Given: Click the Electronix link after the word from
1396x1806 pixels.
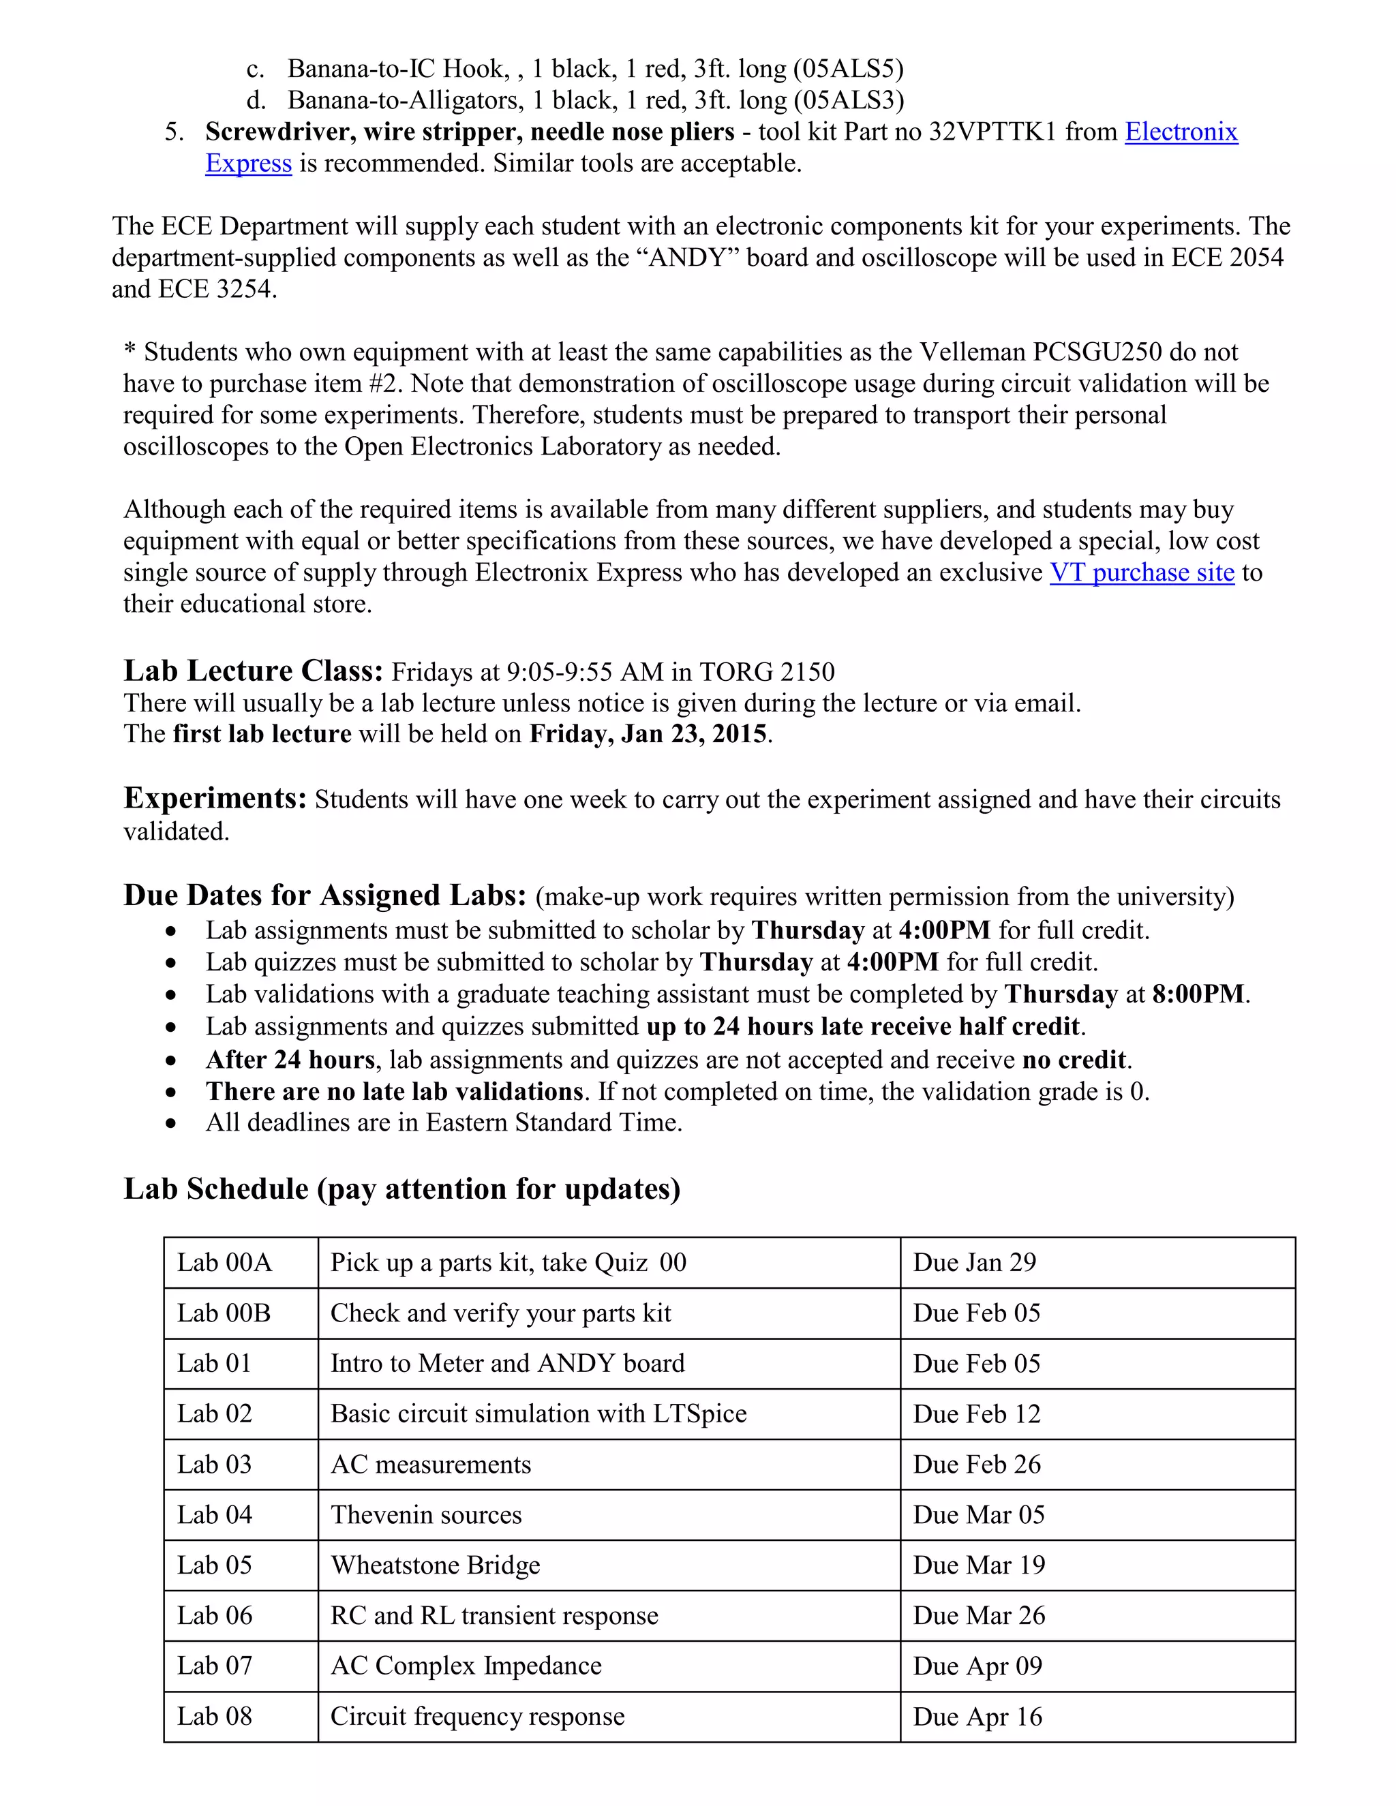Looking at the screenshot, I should [x=1181, y=132].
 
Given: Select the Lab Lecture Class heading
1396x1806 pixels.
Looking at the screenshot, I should [x=253, y=671].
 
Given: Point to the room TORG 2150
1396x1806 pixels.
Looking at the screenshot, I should [x=767, y=671].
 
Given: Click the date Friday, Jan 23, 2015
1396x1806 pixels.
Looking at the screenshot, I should [x=648, y=734].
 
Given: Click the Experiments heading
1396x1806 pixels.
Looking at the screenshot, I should [x=215, y=799].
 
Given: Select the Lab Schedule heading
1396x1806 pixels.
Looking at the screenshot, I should [x=402, y=1189].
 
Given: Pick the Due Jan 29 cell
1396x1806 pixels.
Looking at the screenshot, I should [x=974, y=1262].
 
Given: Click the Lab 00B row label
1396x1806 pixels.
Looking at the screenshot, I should [x=224, y=1313].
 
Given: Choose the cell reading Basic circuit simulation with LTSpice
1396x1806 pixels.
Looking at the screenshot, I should [x=538, y=1413].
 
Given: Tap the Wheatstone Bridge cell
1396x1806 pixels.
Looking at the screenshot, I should [x=435, y=1565].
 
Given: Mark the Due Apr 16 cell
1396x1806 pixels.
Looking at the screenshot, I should [x=977, y=1716].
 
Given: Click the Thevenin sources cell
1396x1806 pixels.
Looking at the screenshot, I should [x=426, y=1514].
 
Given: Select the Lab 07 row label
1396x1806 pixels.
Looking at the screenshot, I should [x=214, y=1666].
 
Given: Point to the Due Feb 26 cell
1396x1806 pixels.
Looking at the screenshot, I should [x=977, y=1464].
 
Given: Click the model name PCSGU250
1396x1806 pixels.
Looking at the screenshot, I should [x=1097, y=352].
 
